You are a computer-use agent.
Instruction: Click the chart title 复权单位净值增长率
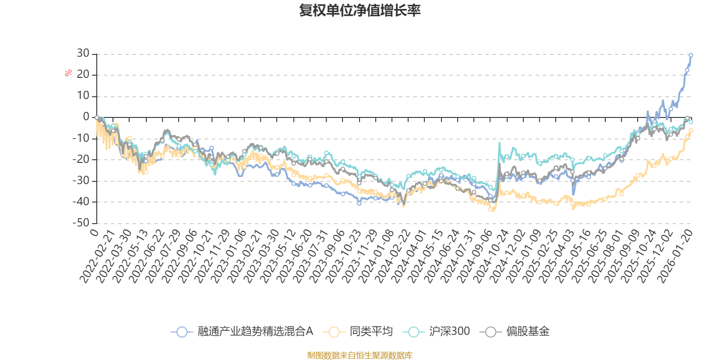pos(360,10)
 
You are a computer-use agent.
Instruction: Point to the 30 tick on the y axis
pos(83,54)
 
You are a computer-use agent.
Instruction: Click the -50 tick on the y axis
pos(81,223)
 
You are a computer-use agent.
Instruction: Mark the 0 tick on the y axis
pos(86,117)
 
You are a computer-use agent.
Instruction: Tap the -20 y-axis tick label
pos(81,159)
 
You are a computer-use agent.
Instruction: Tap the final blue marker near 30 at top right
pos(691,55)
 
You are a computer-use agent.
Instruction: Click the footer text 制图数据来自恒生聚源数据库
pos(360,355)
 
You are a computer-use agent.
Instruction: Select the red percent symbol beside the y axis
pos(68,73)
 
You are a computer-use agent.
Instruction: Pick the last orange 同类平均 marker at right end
pos(691,130)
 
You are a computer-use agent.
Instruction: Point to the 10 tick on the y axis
pos(83,96)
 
